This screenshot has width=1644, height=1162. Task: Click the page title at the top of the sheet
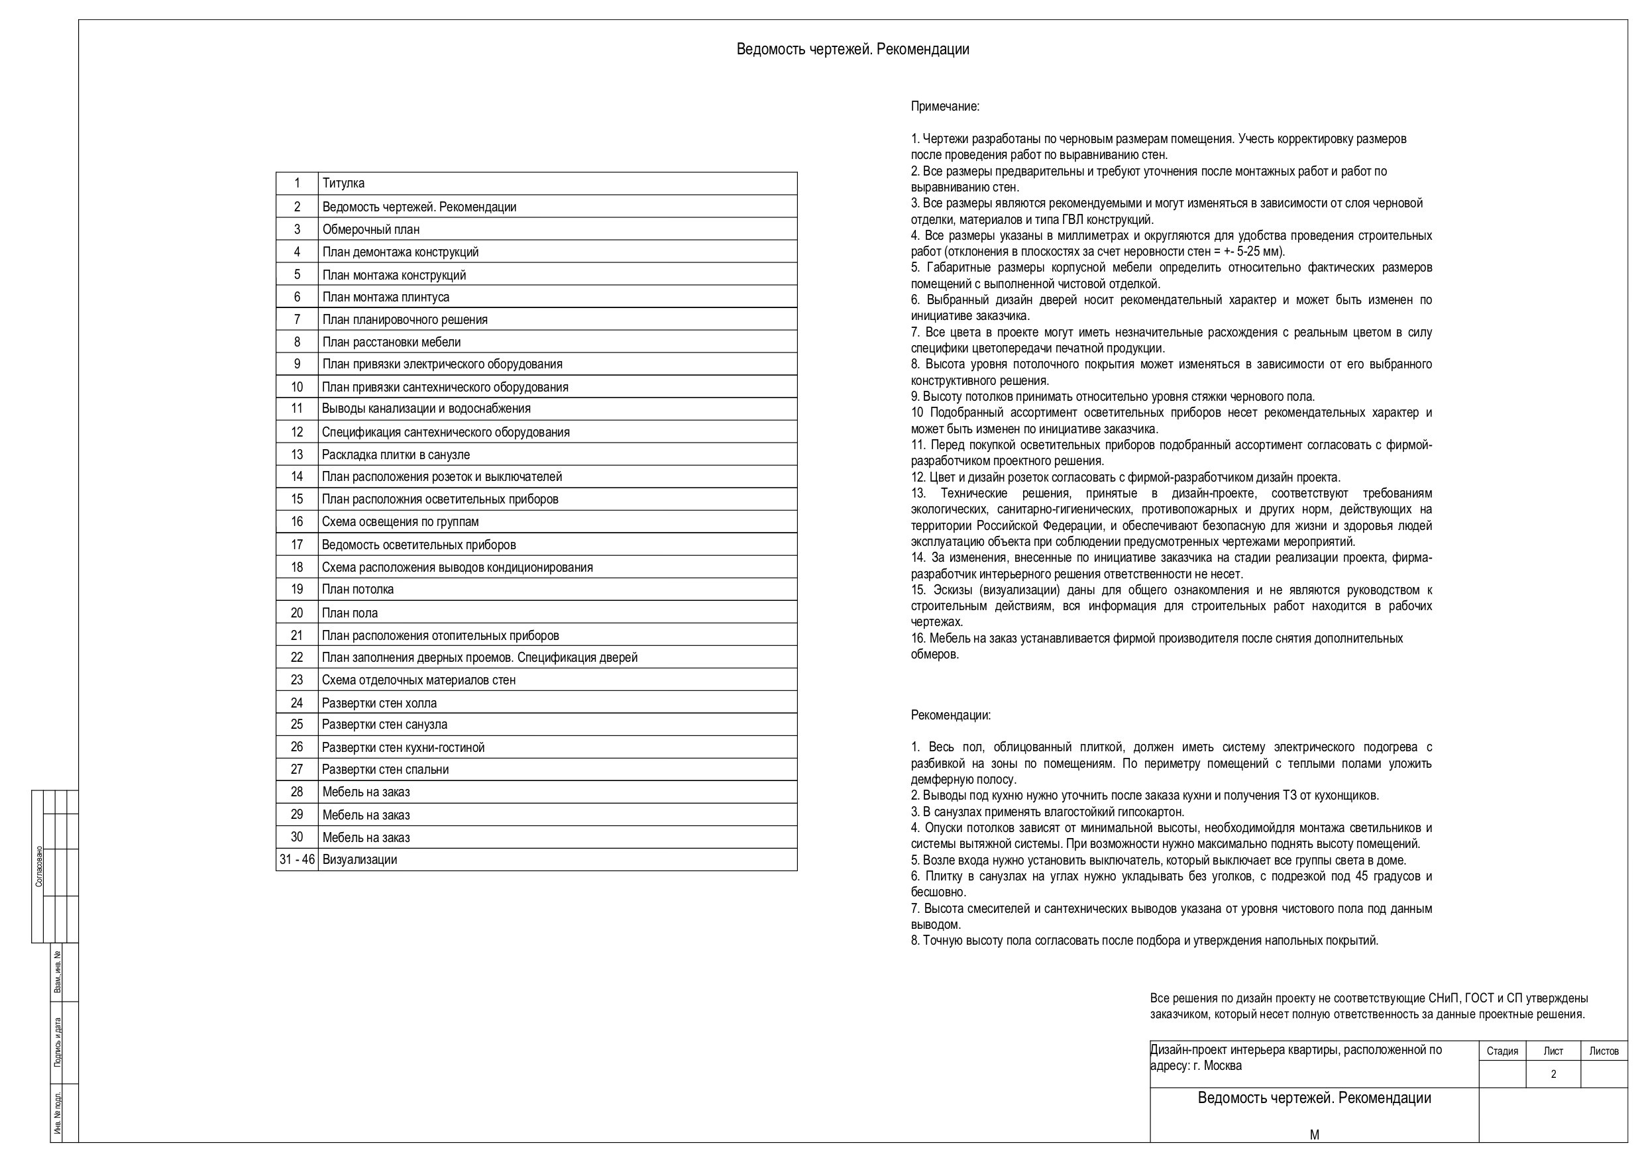(x=852, y=50)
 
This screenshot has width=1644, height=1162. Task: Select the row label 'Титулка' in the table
(x=343, y=184)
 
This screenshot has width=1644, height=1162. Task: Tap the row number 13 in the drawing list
(x=297, y=454)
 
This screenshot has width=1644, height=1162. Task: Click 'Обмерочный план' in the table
(x=371, y=230)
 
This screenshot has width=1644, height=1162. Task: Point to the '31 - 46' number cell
(x=297, y=860)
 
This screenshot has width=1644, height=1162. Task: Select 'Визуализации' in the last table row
(x=359, y=860)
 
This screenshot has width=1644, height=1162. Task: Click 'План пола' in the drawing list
(x=349, y=613)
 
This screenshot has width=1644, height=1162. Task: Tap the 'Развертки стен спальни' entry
(x=385, y=770)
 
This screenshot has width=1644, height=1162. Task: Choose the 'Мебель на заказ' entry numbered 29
(x=366, y=815)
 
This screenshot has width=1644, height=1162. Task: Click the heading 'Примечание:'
(x=944, y=107)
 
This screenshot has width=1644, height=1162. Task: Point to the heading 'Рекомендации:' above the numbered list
(x=950, y=715)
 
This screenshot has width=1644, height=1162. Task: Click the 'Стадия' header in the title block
(x=1502, y=1051)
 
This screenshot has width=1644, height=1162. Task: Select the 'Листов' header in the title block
(x=1604, y=1051)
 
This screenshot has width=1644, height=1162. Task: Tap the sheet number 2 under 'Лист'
(x=1553, y=1074)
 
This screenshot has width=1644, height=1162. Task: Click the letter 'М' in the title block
(x=1314, y=1135)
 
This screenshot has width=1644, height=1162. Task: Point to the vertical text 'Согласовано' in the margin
(x=38, y=867)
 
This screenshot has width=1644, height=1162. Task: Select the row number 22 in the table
(x=297, y=657)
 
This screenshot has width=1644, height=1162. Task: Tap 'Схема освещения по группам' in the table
(x=400, y=522)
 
